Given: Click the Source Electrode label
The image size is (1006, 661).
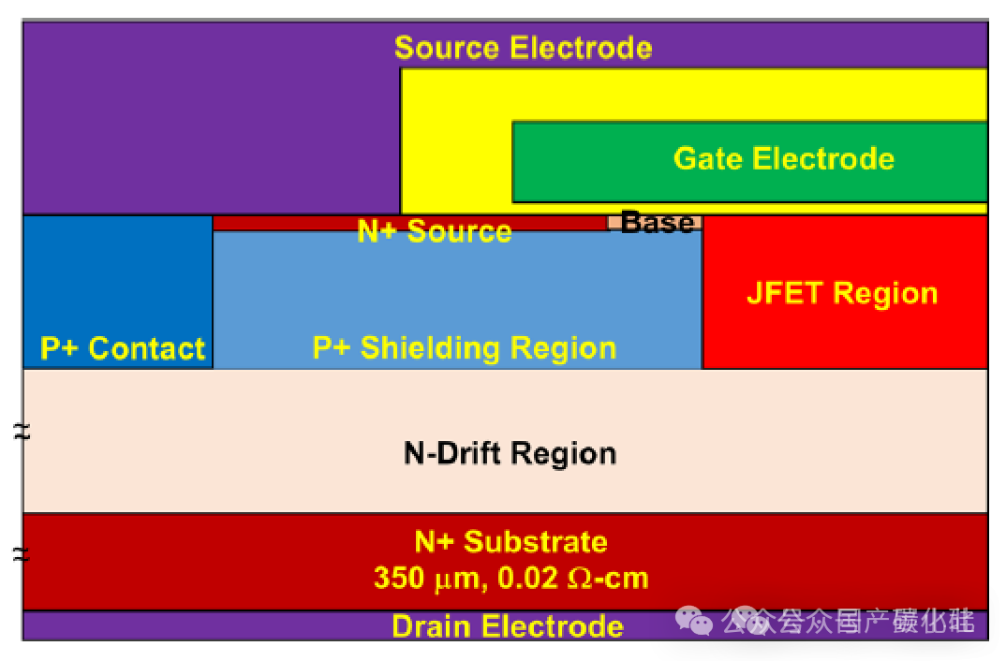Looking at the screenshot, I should click(x=523, y=48).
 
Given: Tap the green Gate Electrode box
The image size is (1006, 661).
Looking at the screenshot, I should click(x=749, y=160).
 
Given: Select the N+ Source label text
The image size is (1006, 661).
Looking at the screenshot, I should click(x=435, y=231).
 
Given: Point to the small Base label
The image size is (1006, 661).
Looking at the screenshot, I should click(x=658, y=223).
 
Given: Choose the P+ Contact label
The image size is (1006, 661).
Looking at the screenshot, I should click(x=123, y=348).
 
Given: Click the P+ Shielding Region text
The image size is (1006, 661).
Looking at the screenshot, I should click(x=465, y=348).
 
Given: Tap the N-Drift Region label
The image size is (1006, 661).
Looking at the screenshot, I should click(x=510, y=453).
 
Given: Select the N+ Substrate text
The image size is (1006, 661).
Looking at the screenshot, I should click(x=510, y=541).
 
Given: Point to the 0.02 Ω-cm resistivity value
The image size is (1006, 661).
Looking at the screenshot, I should click(x=573, y=578).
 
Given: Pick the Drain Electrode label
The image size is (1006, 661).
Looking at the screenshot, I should click(x=507, y=625).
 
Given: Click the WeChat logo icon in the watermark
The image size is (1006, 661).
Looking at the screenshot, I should click(x=695, y=620).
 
